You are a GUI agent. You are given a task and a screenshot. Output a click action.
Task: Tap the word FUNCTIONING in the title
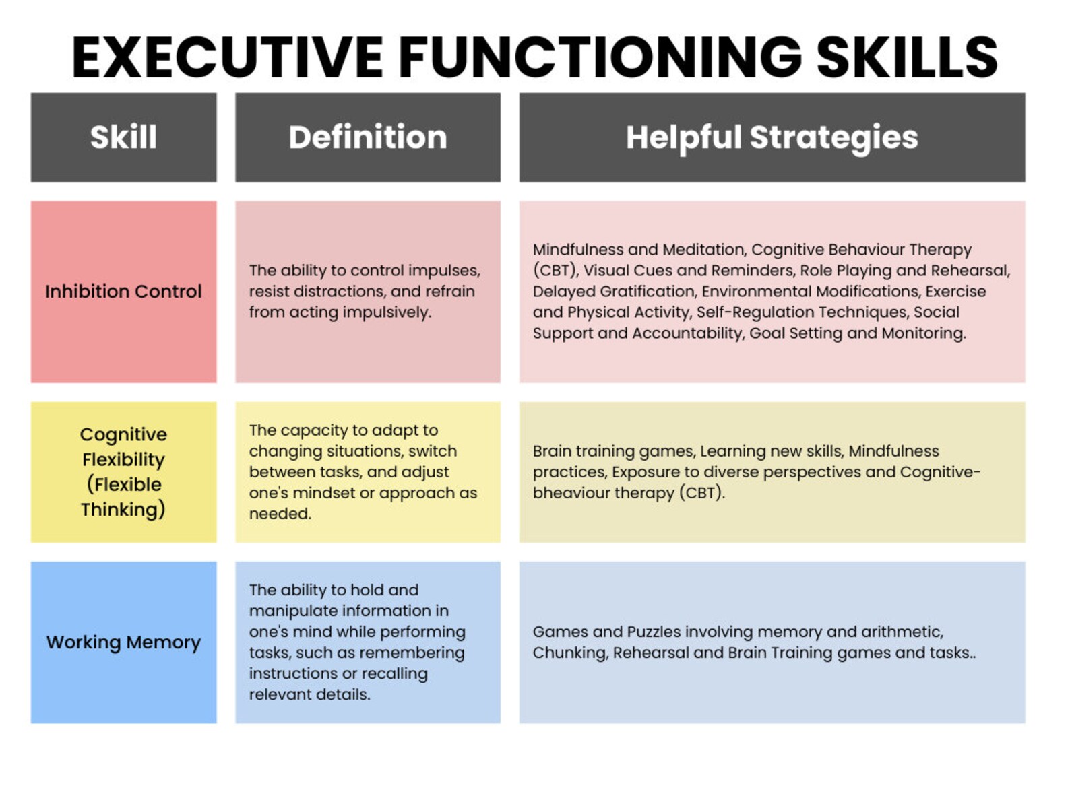click(x=600, y=58)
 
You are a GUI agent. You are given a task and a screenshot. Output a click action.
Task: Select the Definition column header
click(x=368, y=137)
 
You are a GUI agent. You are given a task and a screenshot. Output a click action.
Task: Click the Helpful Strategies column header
click(x=772, y=137)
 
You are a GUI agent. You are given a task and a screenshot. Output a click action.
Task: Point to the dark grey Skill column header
click(x=123, y=137)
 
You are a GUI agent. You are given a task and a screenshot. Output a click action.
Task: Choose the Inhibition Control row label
click(x=123, y=292)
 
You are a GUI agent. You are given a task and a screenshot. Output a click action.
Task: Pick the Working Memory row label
click(x=123, y=642)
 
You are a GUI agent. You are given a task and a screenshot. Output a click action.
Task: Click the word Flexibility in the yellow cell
click(x=123, y=459)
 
